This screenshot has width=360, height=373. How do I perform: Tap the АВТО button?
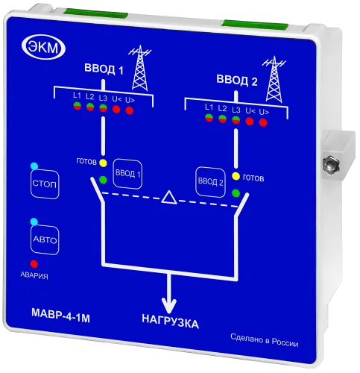pyautogui.click(x=45, y=240)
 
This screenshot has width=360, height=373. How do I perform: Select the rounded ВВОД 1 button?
pyautogui.click(x=127, y=174)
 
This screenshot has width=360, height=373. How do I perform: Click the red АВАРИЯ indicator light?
pyautogui.click(x=34, y=264)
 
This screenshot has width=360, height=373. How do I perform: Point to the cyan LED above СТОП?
pyautogui.click(x=34, y=166)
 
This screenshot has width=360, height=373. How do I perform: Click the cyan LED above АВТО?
pyautogui.click(x=34, y=222)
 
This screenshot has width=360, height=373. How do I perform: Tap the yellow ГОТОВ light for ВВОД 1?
pyautogui.click(x=103, y=163)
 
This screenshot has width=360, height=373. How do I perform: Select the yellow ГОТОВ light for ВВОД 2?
pyautogui.click(x=236, y=177)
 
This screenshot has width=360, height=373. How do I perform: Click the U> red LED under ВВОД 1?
pyautogui.click(x=130, y=110)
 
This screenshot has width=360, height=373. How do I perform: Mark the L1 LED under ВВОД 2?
pyautogui.click(x=209, y=118)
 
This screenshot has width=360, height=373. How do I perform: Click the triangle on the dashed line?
pyautogui.click(x=169, y=197)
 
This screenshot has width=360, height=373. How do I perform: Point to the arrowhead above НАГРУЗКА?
pyautogui.click(x=169, y=305)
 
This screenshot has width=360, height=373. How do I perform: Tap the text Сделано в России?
pyautogui.click(x=265, y=340)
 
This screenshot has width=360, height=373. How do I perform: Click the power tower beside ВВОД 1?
pyautogui.click(x=140, y=68)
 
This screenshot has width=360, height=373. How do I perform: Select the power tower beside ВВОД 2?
pyautogui.click(x=274, y=79)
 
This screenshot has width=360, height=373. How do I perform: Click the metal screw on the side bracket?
pyautogui.click(x=330, y=163)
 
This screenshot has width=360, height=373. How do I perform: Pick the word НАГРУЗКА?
pyautogui.click(x=171, y=322)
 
